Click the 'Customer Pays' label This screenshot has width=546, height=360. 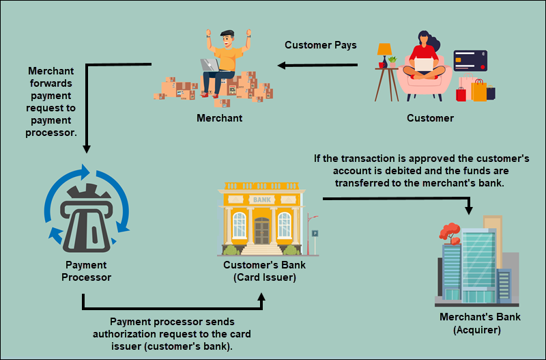pos(320,46)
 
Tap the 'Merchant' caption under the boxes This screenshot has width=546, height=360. pos(219,118)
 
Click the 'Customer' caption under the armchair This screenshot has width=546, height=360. pos(430,118)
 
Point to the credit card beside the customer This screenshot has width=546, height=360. pos(470,61)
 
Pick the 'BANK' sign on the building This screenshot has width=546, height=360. pos(261,200)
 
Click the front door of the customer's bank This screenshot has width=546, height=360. pos(262,230)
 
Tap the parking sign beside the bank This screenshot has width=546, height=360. pos(315,234)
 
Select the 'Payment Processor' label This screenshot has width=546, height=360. pos(86,271)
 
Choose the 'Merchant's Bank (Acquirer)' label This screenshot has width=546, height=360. pos(480,324)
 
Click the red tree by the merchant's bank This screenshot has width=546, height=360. pos(449,232)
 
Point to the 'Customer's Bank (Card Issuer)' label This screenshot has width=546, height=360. pos(260,271)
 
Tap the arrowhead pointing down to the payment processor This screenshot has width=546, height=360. pos(85,148)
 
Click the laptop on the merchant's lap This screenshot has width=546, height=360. pos(209,65)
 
